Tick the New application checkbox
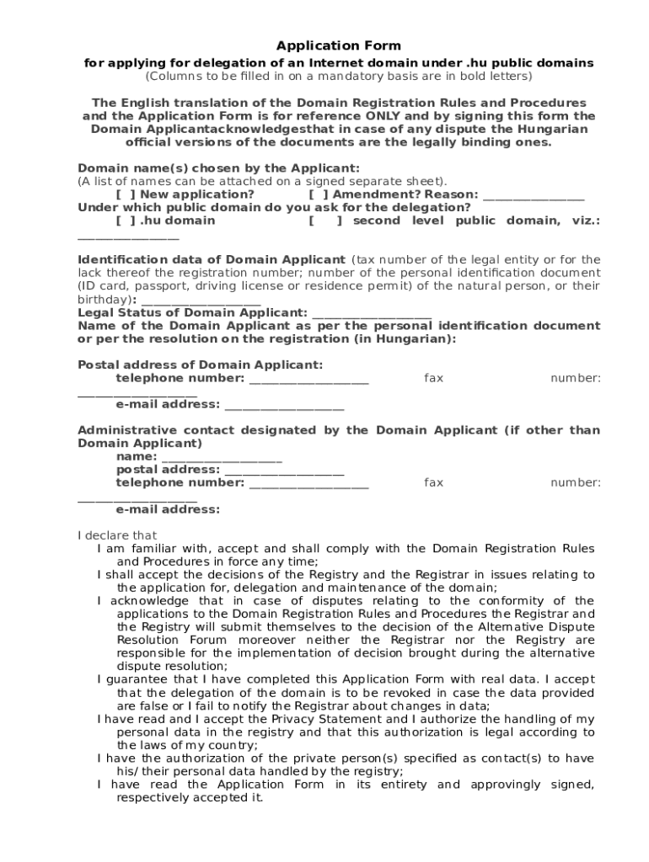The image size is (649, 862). (122, 194)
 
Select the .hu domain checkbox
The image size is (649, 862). (122, 221)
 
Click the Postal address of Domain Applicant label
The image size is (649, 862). (201, 364)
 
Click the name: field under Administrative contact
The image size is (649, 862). (221, 457)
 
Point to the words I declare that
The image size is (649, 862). (117, 535)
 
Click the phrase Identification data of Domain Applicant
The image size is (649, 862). (211, 260)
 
